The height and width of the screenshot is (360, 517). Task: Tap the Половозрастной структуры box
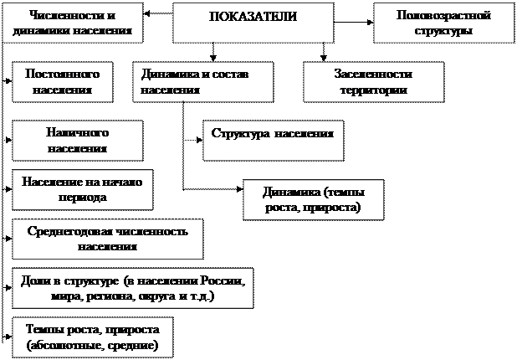pyautogui.click(x=443, y=23)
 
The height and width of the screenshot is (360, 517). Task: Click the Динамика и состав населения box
pyautogui.click(x=203, y=81)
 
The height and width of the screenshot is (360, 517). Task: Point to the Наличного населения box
pyautogui.click(x=76, y=140)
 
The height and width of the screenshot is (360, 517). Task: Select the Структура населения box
pyautogui.click(x=273, y=140)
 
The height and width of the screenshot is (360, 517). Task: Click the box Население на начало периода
pyautogui.click(x=83, y=189)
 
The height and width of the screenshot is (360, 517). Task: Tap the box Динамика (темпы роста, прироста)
pyautogui.click(x=312, y=199)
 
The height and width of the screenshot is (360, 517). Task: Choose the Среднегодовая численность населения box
pyautogui.click(x=107, y=238)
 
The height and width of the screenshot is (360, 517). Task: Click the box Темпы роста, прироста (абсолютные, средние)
pyautogui.click(x=92, y=337)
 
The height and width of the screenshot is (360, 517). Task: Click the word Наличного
pyautogui.click(x=76, y=133)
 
